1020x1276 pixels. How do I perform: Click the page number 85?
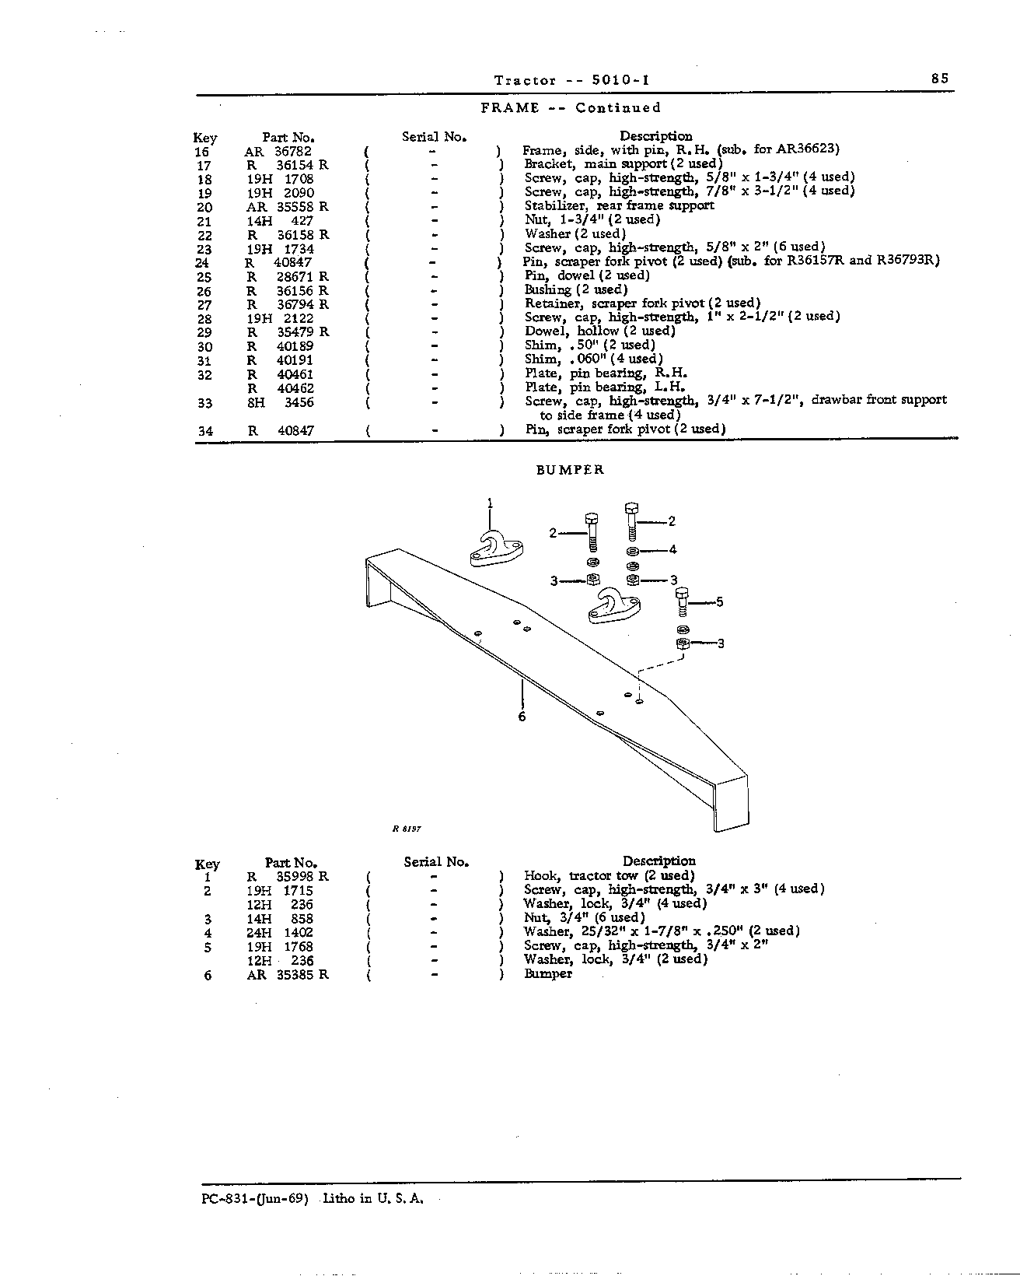(x=939, y=79)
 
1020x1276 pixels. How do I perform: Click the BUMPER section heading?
(x=570, y=470)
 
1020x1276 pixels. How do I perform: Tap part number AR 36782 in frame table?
(x=278, y=152)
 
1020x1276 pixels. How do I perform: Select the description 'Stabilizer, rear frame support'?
(x=620, y=205)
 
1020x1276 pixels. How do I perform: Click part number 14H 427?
(x=280, y=221)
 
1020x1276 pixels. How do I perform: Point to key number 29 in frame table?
(x=204, y=333)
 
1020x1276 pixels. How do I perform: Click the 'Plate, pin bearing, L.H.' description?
(x=605, y=387)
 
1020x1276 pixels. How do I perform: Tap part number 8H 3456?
(x=281, y=402)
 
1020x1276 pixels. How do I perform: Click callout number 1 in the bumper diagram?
(x=490, y=503)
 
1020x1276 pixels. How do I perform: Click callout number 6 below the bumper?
(x=522, y=717)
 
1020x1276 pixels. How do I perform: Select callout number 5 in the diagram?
(x=719, y=602)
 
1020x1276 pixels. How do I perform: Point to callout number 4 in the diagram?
(x=672, y=549)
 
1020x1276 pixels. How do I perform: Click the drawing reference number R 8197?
(x=407, y=829)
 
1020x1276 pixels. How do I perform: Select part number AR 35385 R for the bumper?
(x=288, y=975)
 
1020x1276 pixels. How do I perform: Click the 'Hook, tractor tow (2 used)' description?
(x=610, y=876)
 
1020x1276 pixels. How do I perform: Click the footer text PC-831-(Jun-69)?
(x=255, y=1198)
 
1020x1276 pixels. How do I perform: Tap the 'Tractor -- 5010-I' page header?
(x=572, y=80)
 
